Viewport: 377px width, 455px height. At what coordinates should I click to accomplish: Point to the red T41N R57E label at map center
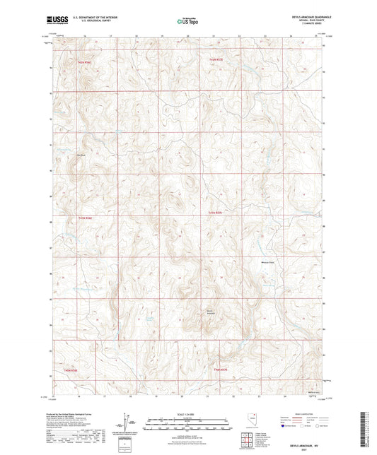pos(215,212)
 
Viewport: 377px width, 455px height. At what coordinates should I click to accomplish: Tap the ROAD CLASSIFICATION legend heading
pos(304,415)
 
